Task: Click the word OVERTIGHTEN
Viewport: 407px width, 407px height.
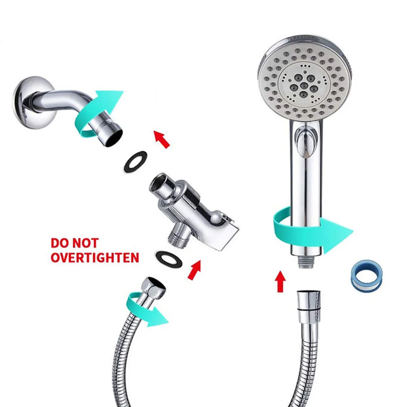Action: (95, 258)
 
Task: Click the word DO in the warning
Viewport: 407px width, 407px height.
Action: (59, 243)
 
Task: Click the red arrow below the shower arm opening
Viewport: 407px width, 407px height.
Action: (162, 139)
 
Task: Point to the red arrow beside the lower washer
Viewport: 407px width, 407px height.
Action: (195, 270)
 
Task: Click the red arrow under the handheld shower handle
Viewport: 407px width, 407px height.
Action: (280, 282)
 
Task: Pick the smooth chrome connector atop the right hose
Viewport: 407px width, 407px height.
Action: (308, 306)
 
